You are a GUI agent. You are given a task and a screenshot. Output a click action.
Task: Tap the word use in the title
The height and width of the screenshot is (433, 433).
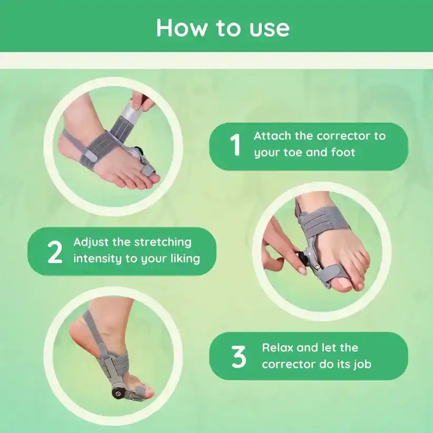269,30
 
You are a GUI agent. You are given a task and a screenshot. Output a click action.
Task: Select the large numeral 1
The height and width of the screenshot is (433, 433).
235,145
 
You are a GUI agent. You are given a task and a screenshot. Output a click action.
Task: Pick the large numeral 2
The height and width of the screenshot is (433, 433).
55,252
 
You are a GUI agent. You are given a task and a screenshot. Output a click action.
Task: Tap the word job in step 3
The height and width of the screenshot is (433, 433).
362,365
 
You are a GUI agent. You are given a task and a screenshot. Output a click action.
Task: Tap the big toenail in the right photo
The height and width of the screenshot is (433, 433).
344,283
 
